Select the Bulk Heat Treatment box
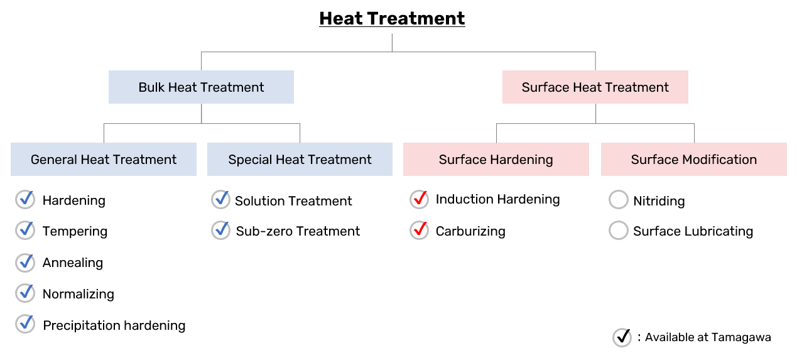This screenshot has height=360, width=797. coord(201,87)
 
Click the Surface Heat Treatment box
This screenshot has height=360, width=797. coord(595,87)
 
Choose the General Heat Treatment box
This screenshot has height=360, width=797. coord(104,160)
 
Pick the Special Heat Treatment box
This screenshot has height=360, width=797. coord(300,160)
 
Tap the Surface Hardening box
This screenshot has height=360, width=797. coord(496,160)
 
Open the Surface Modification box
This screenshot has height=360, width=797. coord(693,160)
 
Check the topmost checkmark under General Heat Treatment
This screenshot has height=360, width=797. coord(25,199)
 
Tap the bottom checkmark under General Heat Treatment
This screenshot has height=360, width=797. coord(25,324)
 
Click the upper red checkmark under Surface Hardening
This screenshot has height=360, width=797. coord(420,199)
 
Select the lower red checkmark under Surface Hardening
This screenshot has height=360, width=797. coord(420,230)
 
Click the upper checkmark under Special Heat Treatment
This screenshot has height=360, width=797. coord(220,199)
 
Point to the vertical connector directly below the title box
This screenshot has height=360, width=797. coord(392,42)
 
